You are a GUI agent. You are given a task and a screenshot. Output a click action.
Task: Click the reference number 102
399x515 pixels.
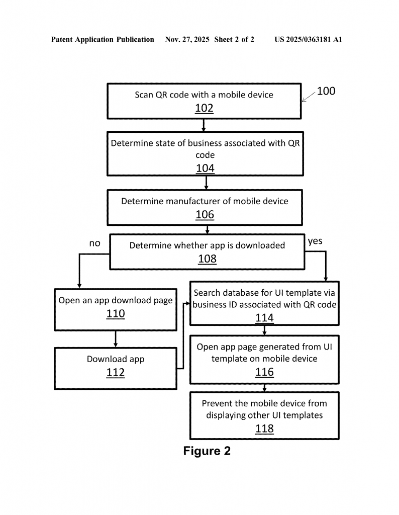[204, 108]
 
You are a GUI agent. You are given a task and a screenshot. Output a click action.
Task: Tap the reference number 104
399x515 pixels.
[205, 168]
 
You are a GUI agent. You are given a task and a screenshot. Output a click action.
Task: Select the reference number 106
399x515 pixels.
[205, 215]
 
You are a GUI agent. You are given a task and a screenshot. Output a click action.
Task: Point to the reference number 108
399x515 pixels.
[207, 259]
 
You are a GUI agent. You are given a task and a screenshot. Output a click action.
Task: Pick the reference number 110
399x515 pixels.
[116, 314]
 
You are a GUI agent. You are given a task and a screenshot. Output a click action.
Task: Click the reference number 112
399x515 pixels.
[116, 373]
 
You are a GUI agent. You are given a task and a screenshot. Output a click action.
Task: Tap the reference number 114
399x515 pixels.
[264, 318]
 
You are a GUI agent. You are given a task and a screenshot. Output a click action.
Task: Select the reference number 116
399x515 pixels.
[264, 372]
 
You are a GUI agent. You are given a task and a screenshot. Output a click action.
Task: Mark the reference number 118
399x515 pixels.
[264, 428]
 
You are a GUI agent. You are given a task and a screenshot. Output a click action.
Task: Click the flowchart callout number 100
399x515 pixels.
[326, 91]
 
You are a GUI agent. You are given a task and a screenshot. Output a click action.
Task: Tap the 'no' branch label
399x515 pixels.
[95, 243]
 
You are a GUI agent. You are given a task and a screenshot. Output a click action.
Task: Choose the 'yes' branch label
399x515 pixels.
[315, 241]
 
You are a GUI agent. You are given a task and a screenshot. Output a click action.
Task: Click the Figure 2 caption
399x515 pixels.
[207, 451]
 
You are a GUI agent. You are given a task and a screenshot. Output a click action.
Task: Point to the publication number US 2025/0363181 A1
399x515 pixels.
[308, 39]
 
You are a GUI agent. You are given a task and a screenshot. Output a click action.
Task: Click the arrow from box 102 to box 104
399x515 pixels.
[204, 125]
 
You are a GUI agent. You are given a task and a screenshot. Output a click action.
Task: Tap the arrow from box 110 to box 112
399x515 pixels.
[116, 338]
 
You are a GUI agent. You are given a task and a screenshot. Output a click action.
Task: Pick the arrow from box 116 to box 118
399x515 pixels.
[264, 388]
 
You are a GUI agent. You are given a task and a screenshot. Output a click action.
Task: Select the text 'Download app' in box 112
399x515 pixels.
[116, 359]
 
